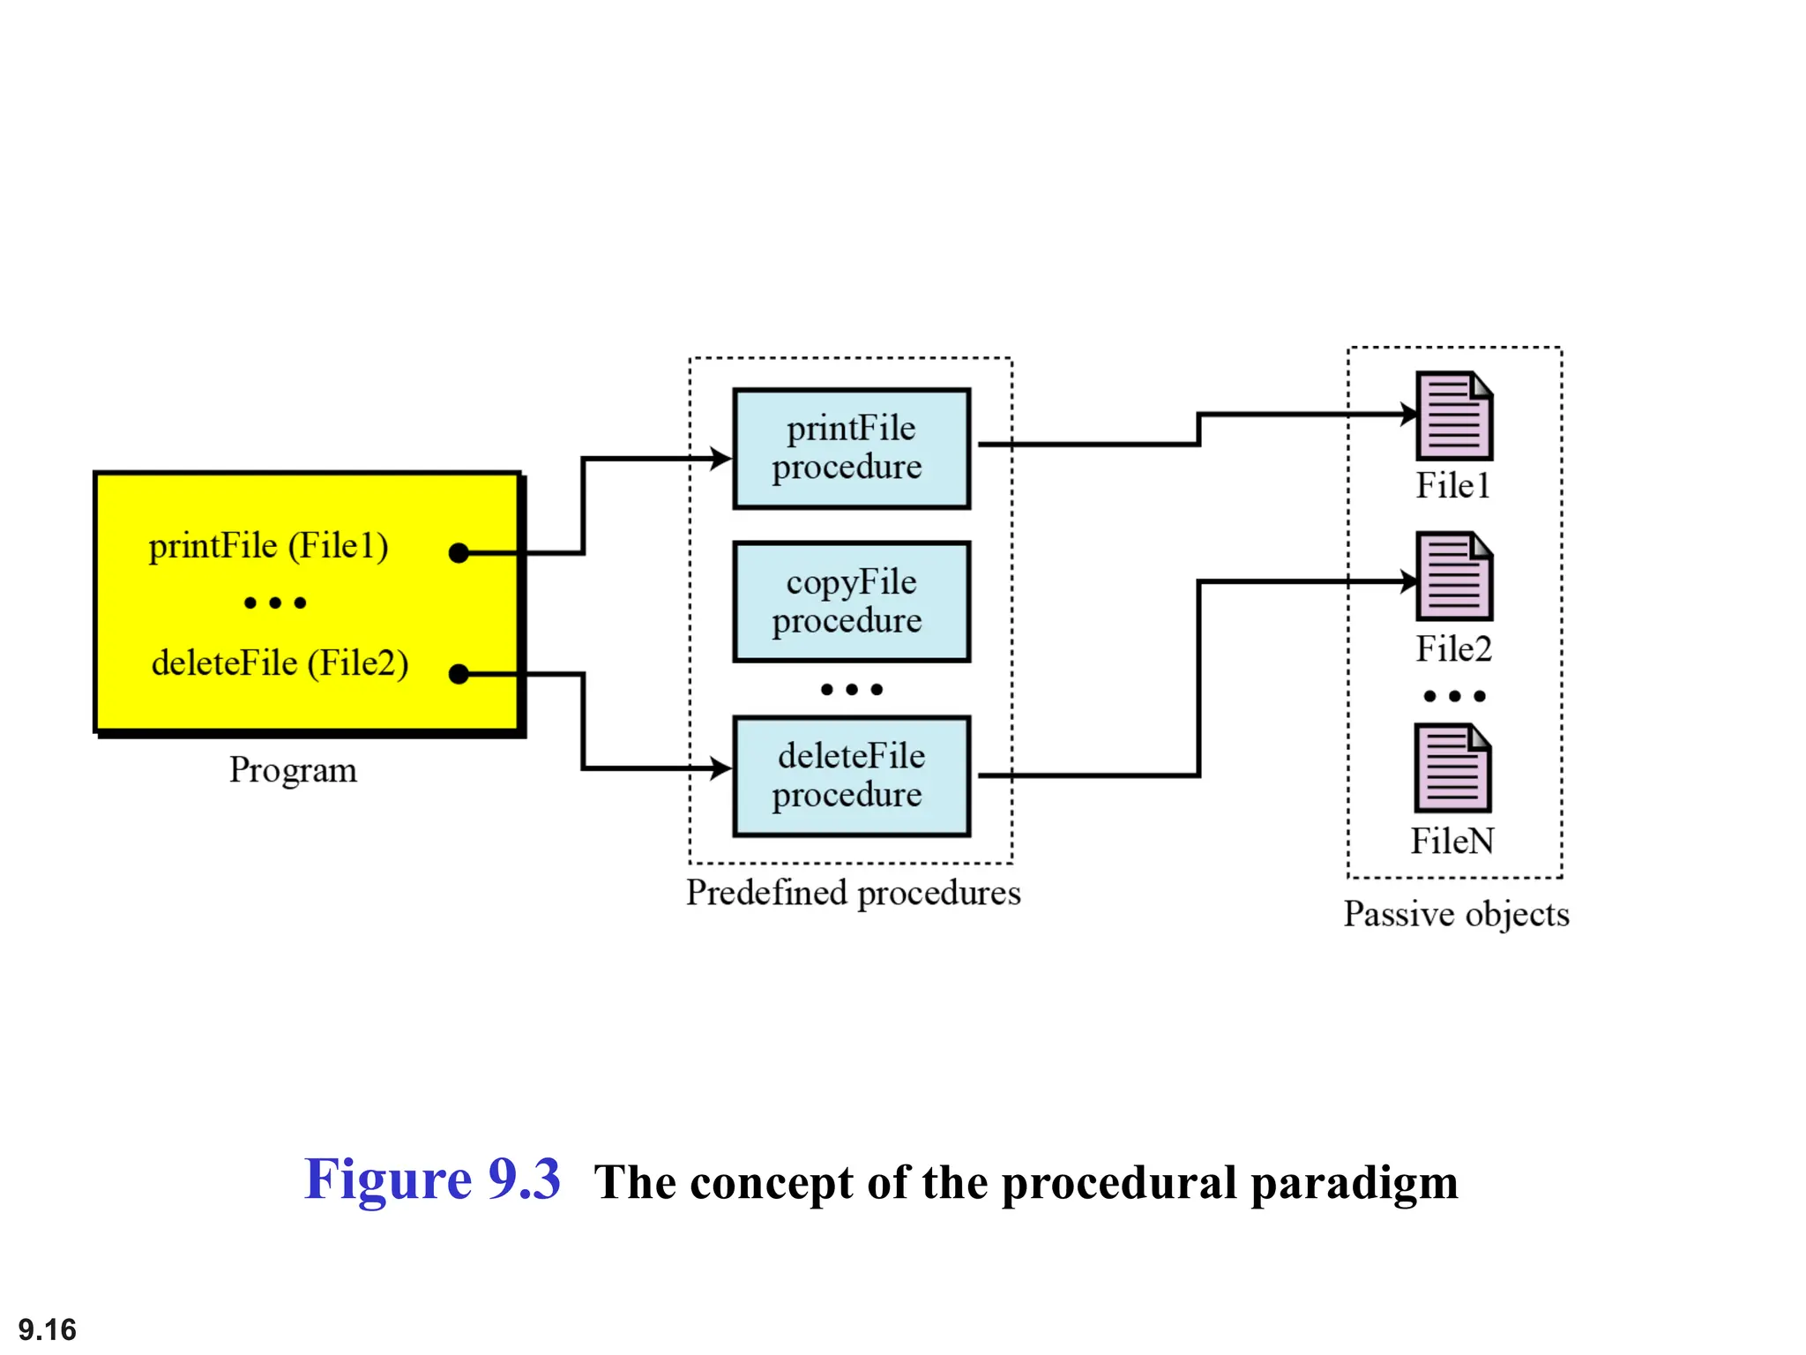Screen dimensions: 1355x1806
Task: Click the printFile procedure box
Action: tap(851, 448)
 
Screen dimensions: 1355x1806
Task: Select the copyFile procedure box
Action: tap(851, 602)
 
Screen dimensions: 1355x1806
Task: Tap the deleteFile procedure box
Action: tap(851, 775)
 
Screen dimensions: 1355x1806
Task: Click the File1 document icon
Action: tap(1453, 415)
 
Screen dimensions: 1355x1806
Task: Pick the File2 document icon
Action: tap(1453, 576)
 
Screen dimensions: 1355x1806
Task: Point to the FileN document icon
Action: tap(1452, 767)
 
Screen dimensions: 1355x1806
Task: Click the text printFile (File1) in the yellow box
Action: tap(268, 546)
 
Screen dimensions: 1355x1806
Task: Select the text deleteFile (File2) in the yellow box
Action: tap(280, 663)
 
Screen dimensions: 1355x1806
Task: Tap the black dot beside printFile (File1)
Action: tap(459, 553)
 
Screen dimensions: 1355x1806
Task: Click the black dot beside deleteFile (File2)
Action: tap(459, 674)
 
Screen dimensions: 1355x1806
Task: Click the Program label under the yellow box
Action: tap(293, 770)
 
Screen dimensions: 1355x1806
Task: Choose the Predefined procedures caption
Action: tap(853, 893)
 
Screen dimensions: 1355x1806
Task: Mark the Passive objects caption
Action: tap(1456, 914)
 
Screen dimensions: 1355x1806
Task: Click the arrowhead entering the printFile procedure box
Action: tap(722, 459)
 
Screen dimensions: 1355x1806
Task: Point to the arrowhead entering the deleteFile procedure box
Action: tap(722, 768)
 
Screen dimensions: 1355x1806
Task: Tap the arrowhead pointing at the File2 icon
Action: tap(1408, 581)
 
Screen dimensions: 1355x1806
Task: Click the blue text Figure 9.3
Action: tap(431, 1179)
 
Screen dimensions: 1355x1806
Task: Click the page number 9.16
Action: tap(48, 1329)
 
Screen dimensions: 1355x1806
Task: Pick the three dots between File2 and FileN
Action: tap(1454, 696)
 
